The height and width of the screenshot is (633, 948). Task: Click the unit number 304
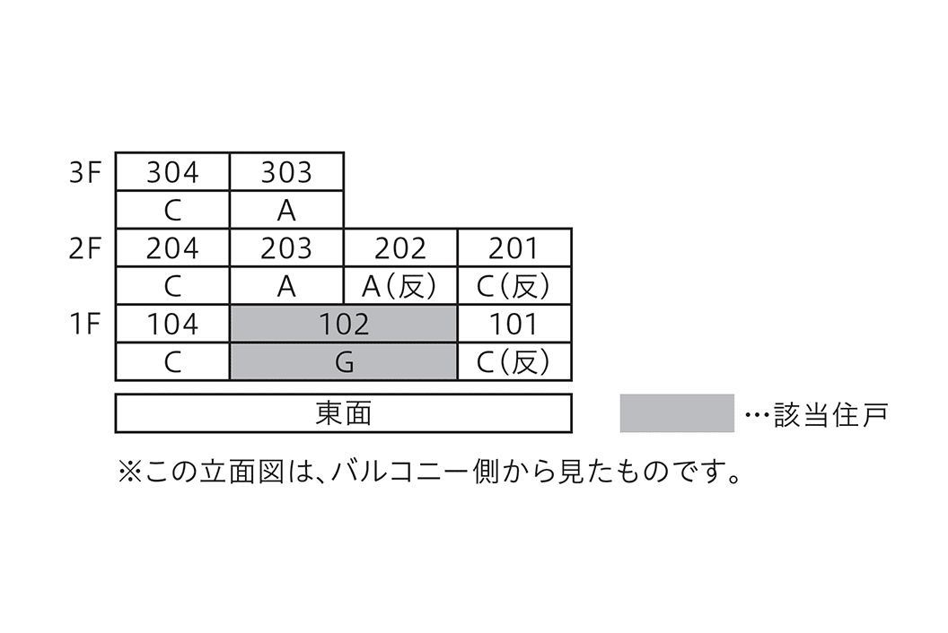point(172,171)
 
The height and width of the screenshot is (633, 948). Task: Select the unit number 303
point(286,171)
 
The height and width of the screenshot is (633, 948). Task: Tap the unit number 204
point(172,248)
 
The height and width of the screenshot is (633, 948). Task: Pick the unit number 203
point(286,248)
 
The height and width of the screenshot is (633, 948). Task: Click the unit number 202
point(400,248)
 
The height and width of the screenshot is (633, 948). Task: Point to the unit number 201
point(514,248)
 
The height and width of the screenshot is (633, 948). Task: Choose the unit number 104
point(172,324)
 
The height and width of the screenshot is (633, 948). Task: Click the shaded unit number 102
point(344,324)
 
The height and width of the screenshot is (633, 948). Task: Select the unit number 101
point(514,324)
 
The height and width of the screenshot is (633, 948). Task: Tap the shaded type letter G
point(344,362)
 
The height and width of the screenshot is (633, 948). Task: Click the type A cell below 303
point(286,210)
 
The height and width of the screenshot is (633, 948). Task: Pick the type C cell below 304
point(172,210)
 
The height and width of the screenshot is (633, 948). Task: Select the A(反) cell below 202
point(400,286)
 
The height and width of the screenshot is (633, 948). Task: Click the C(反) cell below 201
point(514,286)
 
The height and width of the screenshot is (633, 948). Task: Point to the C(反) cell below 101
point(514,362)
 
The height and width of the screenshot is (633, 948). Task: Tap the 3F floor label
point(87,171)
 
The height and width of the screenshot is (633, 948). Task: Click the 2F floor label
point(87,248)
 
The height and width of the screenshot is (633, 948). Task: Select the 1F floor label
point(87,324)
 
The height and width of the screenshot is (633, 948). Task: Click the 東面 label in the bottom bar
point(344,413)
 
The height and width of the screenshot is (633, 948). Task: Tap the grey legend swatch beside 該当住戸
point(677,413)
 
